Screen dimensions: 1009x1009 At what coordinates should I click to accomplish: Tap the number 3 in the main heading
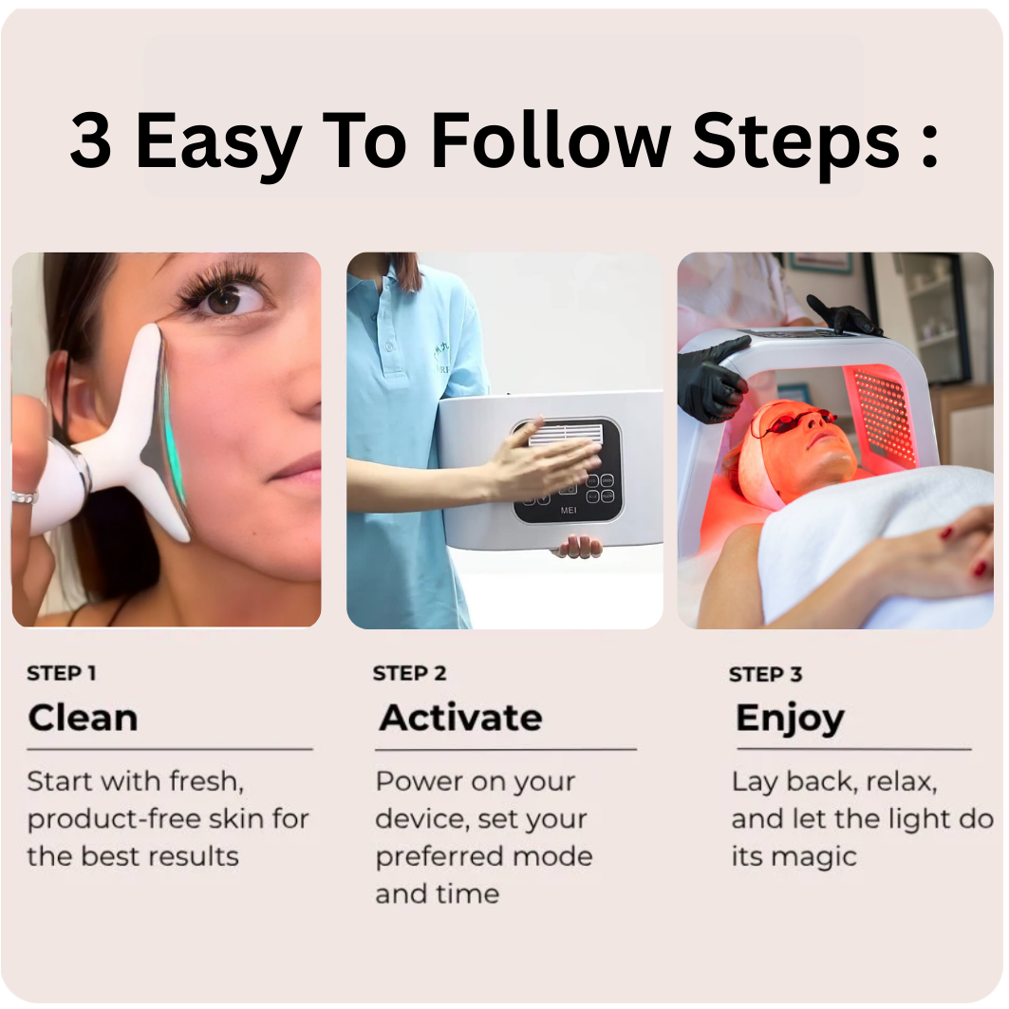tap(91, 140)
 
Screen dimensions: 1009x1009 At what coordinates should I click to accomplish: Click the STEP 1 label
tap(62, 673)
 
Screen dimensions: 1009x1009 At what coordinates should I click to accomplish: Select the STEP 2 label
tap(409, 673)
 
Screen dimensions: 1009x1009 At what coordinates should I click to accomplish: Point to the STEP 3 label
tap(765, 674)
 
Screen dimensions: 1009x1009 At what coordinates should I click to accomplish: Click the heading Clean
tap(83, 718)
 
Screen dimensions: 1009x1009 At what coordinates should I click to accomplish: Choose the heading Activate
tap(460, 718)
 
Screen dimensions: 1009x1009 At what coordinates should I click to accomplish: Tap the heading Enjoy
tap(790, 719)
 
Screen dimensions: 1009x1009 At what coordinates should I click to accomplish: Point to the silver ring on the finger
tap(25, 497)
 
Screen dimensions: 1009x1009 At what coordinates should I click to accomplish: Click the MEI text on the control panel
tap(569, 511)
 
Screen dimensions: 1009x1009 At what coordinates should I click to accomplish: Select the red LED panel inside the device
tap(883, 412)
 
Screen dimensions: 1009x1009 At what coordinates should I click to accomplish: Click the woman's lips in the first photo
tap(296, 469)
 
